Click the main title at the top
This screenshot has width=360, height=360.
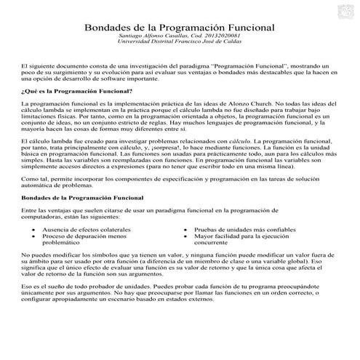tap(180, 27)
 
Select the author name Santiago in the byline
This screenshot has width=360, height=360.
tap(134, 36)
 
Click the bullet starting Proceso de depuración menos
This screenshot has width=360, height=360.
tap(84, 236)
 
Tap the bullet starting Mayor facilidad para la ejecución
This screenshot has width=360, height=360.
tap(239, 236)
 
